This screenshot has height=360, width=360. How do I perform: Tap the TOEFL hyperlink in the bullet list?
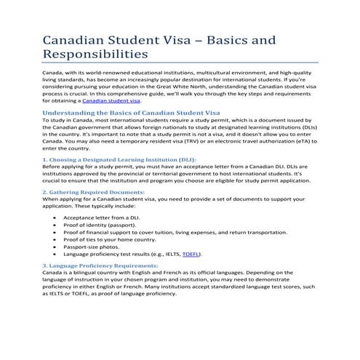tap(191, 255)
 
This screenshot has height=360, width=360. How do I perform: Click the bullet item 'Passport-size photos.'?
tap(96, 247)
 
